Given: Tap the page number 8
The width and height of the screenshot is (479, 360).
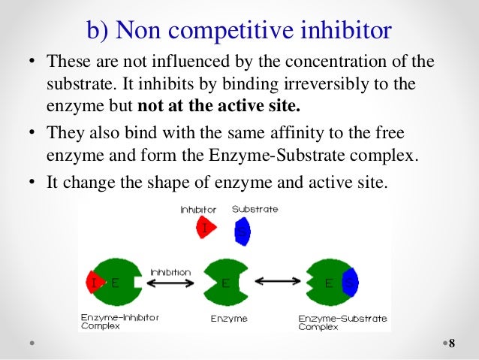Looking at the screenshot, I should click(451, 344).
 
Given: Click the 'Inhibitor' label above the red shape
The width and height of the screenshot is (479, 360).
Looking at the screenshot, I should click(198, 210).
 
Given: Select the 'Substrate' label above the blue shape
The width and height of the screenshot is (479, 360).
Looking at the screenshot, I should click(255, 210).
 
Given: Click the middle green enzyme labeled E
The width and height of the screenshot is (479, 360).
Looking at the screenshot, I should click(226, 283).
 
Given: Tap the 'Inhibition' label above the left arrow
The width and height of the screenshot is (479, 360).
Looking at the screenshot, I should click(170, 271).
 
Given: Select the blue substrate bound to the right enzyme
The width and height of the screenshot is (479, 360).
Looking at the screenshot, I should click(351, 283).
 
